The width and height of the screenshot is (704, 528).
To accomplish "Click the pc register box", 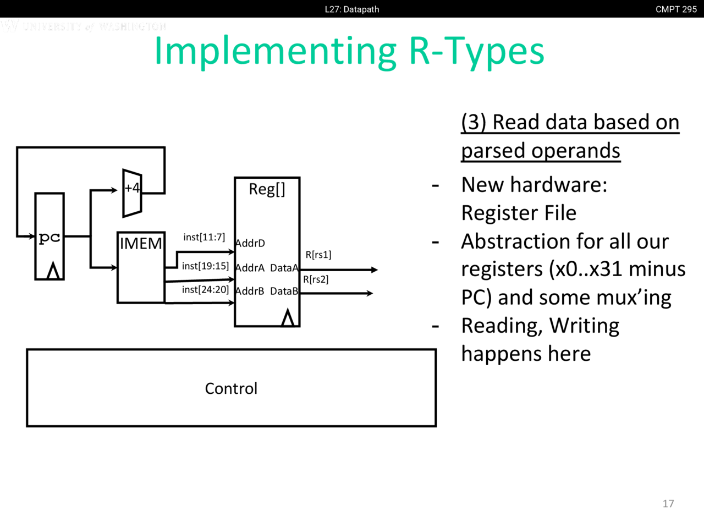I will pyautogui.click(x=50, y=237).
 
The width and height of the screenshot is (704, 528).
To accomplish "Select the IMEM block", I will pyautogui.click(x=141, y=267).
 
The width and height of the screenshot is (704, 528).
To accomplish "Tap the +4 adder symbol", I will pyautogui.click(x=132, y=193).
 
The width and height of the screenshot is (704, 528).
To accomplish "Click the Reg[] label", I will pyautogui.click(x=267, y=189).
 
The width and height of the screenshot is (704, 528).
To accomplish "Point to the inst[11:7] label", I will pyautogui.click(x=204, y=237).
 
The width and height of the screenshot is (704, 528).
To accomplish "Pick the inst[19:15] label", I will pyautogui.click(x=205, y=266).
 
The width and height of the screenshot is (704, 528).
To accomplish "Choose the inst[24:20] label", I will pyautogui.click(x=205, y=289).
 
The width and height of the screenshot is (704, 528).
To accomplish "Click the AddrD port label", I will pyautogui.click(x=250, y=243).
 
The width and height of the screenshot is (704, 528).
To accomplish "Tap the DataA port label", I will pyautogui.click(x=284, y=268).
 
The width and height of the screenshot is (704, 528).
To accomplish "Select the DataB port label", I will pyautogui.click(x=284, y=291).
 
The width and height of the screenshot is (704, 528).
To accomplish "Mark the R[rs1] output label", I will pyautogui.click(x=318, y=255).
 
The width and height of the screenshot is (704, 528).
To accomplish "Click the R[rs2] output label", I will pyautogui.click(x=316, y=279).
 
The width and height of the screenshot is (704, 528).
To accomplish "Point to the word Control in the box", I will pyautogui.click(x=231, y=388).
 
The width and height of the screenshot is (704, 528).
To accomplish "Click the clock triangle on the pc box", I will pyautogui.click(x=53, y=271).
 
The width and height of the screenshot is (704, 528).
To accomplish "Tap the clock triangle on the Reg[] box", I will pyautogui.click(x=288, y=318).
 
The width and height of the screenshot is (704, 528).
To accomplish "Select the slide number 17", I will pyautogui.click(x=668, y=503).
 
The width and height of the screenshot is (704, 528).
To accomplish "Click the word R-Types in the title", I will pyautogui.click(x=476, y=51).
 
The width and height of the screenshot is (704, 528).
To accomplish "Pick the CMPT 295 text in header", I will pyautogui.click(x=676, y=9).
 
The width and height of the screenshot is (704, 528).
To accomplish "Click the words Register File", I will pyautogui.click(x=519, y=213).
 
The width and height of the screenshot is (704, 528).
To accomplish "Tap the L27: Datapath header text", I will pyautogui.click(x=352, y=9).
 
